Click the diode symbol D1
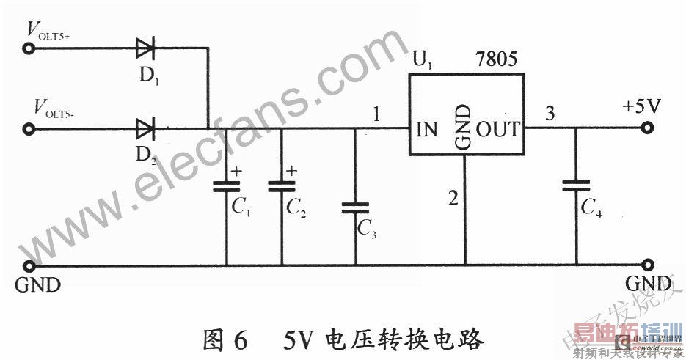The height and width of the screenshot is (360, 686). point(145,50)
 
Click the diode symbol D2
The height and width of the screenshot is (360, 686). point(145,130)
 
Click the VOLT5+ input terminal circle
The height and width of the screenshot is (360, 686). point(29,50)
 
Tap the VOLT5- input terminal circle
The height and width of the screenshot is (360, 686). point(29,131)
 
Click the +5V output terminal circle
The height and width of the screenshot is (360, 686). point(647,130)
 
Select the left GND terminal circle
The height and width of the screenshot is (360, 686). point(29,265)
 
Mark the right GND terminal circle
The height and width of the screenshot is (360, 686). point(647,265)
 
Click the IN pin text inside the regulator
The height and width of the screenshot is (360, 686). point(426,131)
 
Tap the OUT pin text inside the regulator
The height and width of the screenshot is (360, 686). point(497,131)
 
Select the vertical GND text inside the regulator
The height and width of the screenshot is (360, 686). point(464,127)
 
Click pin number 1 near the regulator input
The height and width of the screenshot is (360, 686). point(376,115)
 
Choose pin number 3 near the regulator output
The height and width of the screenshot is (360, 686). point(549,114)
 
